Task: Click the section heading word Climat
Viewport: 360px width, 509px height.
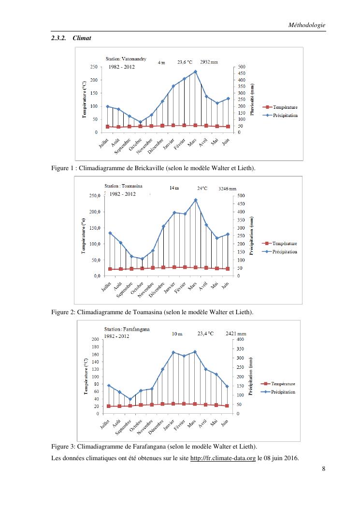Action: (x=82, y=38)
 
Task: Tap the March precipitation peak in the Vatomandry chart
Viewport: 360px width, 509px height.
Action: (x=195, y=72)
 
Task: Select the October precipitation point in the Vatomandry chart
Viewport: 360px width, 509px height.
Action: (x=141, y=122)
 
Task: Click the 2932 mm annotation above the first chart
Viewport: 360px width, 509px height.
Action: (x=209, y=62)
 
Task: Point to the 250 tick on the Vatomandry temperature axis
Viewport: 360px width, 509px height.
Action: (x=94, y=67)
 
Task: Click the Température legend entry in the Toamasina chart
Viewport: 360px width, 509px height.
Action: (x=284, y=244)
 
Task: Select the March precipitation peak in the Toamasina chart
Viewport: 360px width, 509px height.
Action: (x=195, y=200)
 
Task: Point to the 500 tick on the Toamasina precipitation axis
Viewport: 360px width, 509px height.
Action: (x=242, y=195)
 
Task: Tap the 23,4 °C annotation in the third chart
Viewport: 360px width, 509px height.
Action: (x=205, y=333)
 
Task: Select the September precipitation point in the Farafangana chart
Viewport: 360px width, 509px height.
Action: (x=130, y=399)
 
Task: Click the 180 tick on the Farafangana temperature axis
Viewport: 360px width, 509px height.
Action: (x=94, y=347)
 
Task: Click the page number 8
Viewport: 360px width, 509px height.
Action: (x=323, y=469)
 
